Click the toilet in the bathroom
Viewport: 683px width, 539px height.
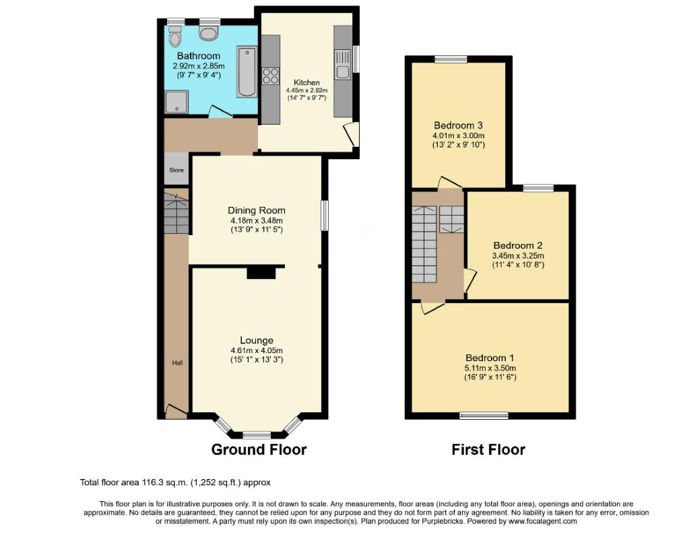pyautogui.click(x=176, y=36)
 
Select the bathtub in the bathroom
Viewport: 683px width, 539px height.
pyautogui.click(x=247, y=72)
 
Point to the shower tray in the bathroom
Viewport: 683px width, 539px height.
pyautogui.click(x=176, y=102)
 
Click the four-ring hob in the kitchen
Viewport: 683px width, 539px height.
pyautogui.click(x=271, y=76)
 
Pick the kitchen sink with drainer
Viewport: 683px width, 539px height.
pyautogui.click(x=343, y=65)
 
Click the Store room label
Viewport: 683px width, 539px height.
pyautogui.click(x=176, y=170)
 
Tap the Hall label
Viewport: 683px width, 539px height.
pyautogui.click(x=177, y=362)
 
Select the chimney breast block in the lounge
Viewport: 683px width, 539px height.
pyautogui.click(x=261, y=273)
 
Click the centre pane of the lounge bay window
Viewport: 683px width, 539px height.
pyautogui.click(x=257, y=435)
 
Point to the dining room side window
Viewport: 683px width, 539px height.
pyautogui.click(x=325, y=215)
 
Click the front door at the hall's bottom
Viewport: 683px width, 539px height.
pyautogui.click(x=176, y=412)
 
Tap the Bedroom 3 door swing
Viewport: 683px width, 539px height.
pyautogui.click(x=449, y=183)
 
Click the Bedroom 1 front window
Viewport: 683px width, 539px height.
pyautogui.click(x=484, y=416)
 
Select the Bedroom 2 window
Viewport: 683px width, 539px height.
pyautogui.click(x=538, y=188)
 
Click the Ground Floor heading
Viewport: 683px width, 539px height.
pyautogui.click(x=259, y=449)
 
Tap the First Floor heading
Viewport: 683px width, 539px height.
pyautogui.click(x=488, y=449)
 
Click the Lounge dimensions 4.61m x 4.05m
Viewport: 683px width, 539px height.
pyautogui.click(x=257, y=350)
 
